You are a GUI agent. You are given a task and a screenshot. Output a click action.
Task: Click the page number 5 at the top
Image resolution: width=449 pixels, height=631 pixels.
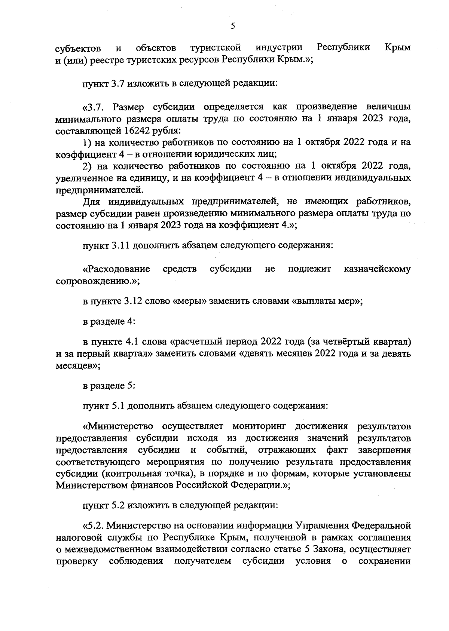[232, 26]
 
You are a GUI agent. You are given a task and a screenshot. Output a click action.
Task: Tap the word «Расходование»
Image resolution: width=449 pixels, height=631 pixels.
[116, 269]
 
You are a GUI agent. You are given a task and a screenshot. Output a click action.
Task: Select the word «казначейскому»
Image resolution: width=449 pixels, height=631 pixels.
[377, 269]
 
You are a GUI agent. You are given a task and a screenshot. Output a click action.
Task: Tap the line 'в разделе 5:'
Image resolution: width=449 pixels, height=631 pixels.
[109, 386]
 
